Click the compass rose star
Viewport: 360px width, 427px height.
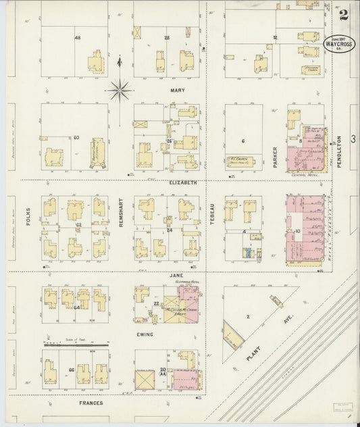(x=119, y=88)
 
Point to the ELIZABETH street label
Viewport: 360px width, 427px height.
(x=183, y=182)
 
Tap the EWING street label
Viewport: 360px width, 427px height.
(x=145, y=334)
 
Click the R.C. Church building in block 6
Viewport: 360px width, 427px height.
(x=238, y=161)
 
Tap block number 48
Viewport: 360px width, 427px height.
(x=78, y=37)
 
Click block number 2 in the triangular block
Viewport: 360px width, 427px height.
(x=248, y=316)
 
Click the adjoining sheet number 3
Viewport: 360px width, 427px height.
(x=353, y=138)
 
